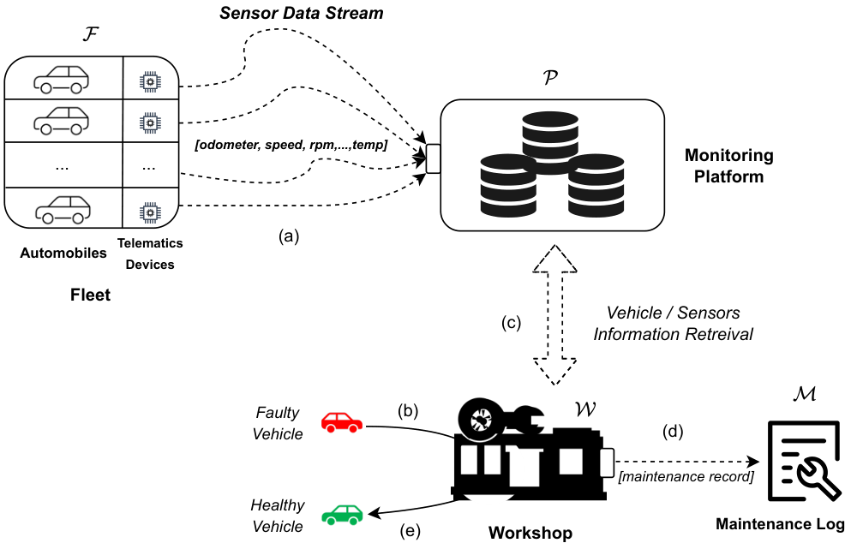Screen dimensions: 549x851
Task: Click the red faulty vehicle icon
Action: pos(342,421)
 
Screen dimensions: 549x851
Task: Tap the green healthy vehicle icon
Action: pos(341,514)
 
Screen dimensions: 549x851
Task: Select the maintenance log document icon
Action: pos(802,462)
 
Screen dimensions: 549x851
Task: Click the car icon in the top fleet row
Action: pos(61,79)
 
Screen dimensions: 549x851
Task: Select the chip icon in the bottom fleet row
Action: pos(150,210)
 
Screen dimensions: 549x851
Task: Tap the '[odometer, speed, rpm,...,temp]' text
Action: pos(291,146)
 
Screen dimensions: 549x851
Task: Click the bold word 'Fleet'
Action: pos(91,295)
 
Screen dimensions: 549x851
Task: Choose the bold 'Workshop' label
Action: pos(530,534)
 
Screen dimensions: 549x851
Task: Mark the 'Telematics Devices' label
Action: pos(150,254)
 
